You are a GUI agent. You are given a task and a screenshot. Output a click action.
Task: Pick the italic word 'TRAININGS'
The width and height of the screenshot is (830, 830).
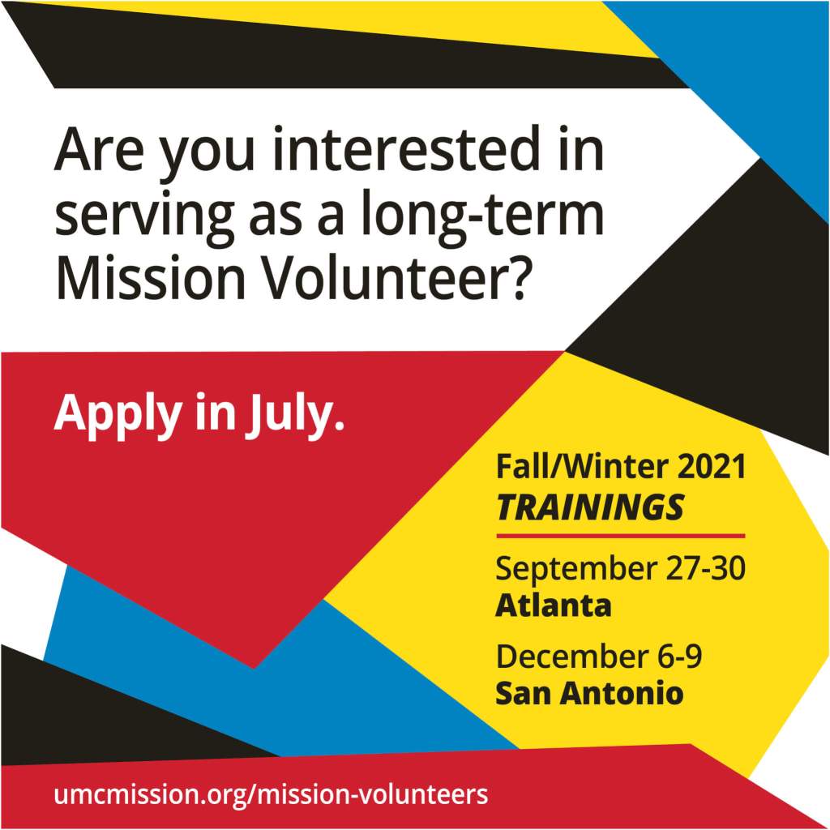[x=590, y=507]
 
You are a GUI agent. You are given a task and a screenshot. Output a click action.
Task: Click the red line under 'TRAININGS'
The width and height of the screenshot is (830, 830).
[x=620, y=537]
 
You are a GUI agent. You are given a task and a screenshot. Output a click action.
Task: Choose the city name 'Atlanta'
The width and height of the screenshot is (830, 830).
[x=553, y=605]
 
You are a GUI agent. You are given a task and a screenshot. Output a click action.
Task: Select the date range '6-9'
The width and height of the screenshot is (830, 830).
[x=680, y=657]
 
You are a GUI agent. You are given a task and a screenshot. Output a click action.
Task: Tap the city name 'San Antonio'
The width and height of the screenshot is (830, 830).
[x=590, y=693]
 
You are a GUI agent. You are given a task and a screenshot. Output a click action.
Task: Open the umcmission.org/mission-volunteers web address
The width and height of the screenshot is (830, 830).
[x=271, y=794]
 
